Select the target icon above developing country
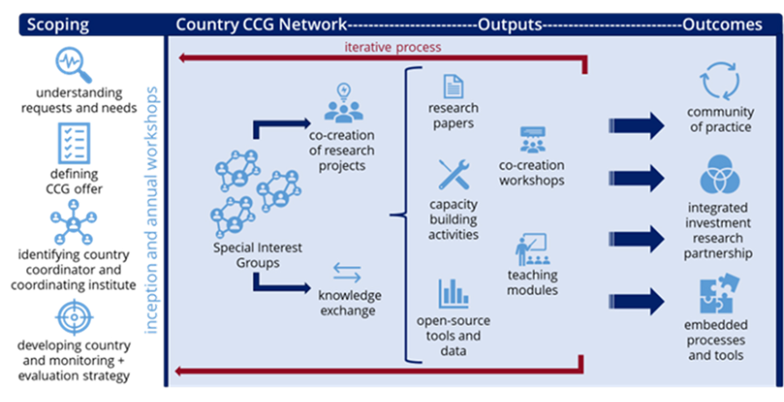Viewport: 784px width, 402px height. tap(74, 317)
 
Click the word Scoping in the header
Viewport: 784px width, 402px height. tap(58, 25)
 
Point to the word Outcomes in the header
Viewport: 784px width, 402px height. tap(723, 25)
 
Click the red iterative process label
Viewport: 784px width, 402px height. tap(393, 47)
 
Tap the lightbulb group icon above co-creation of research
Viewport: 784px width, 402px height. tap(343, 104)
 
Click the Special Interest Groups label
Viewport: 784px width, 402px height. tap(257, 255)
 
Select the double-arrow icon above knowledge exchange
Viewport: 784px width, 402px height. tap(347, 272)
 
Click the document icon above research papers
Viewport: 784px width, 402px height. tap(453, 86)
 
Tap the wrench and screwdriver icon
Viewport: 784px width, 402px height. tap(454, 175)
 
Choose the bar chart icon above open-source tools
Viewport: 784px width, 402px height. tap(454, 294)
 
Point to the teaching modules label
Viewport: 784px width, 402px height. tap(532, 283)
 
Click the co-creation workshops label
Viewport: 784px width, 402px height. tap(532, 173)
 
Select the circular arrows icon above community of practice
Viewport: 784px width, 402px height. tap(719, 81)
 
